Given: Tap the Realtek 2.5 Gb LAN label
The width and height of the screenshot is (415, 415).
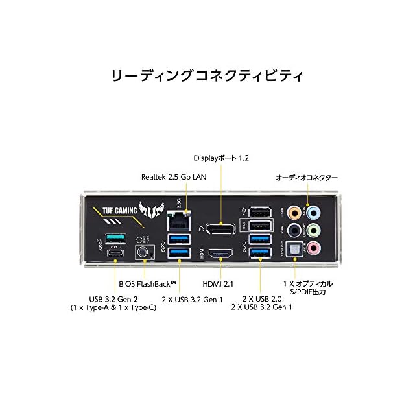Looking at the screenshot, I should click(x=174, y=176).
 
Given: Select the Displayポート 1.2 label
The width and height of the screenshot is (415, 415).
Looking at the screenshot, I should click(x=221, y=158).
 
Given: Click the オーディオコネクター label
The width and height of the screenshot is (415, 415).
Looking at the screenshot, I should click(x=307, y=177).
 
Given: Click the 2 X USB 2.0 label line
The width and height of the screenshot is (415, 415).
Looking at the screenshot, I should click(x=259, y=298).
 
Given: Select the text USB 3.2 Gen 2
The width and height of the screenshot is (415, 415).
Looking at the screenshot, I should click(x=113, y=298).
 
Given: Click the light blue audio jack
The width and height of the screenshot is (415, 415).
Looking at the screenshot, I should click(x=314, y=212).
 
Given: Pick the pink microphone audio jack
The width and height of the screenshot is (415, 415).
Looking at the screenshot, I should click(x=314, y=247).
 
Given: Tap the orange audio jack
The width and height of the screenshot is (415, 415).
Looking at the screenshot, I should click(x=296, y=212).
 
